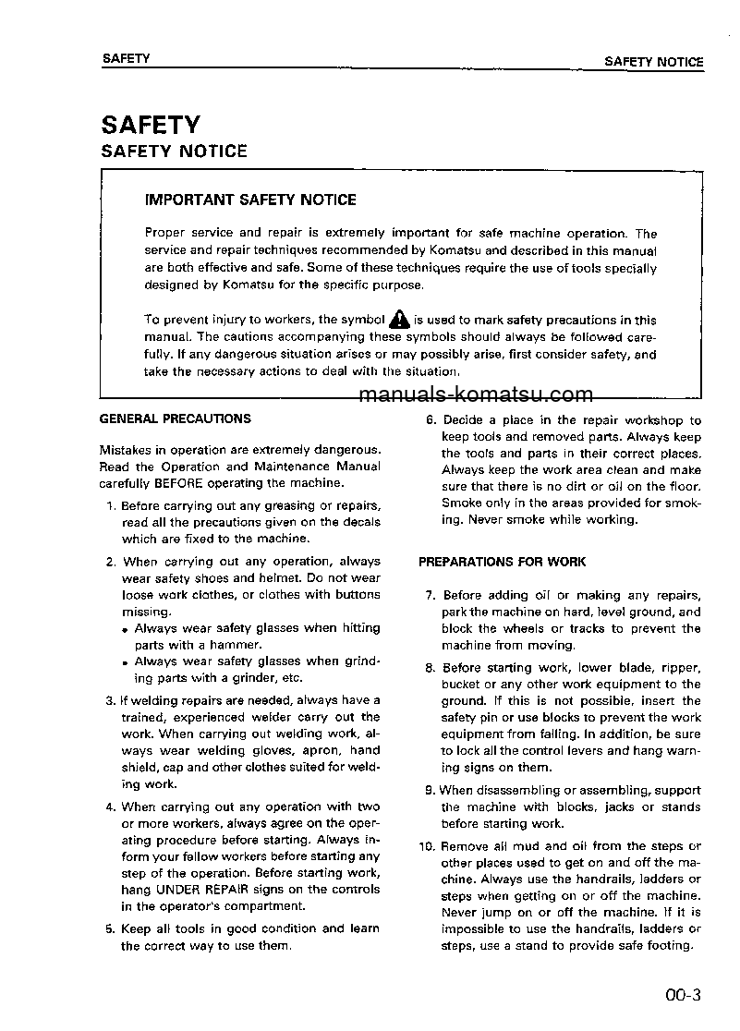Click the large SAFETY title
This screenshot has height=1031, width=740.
tap(151, 125)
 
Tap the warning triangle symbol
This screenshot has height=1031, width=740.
tap(398, 319)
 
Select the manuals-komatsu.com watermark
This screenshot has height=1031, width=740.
tap(475, 395)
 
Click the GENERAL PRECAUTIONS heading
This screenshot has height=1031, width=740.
tap(175, 418)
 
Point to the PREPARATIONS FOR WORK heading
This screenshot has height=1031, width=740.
tap(502, 562)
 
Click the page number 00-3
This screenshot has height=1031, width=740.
tap(683, 996)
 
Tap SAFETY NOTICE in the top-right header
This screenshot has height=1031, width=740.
tap(653, 62)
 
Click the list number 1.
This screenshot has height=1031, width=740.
tap(110, 506)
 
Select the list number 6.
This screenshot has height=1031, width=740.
tap(430, 420)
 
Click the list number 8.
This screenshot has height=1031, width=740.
tap(430, 668)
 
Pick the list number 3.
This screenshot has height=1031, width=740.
tap(110, 701)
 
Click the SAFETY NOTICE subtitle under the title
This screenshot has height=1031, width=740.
tap(174, 151)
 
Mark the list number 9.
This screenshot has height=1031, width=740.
tap(430, 791)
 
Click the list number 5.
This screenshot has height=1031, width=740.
tap(110, 929)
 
